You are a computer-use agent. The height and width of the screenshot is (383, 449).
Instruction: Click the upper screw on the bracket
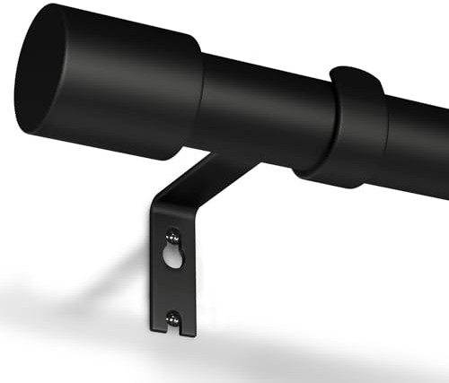(x=173, y=238)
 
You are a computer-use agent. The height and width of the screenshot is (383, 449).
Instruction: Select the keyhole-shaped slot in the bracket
(x=173, y=254)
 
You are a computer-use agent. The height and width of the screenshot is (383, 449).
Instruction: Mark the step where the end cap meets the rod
(x=199, y=99)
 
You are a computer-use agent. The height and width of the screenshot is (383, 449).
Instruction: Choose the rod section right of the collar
(x=418, y=144)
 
